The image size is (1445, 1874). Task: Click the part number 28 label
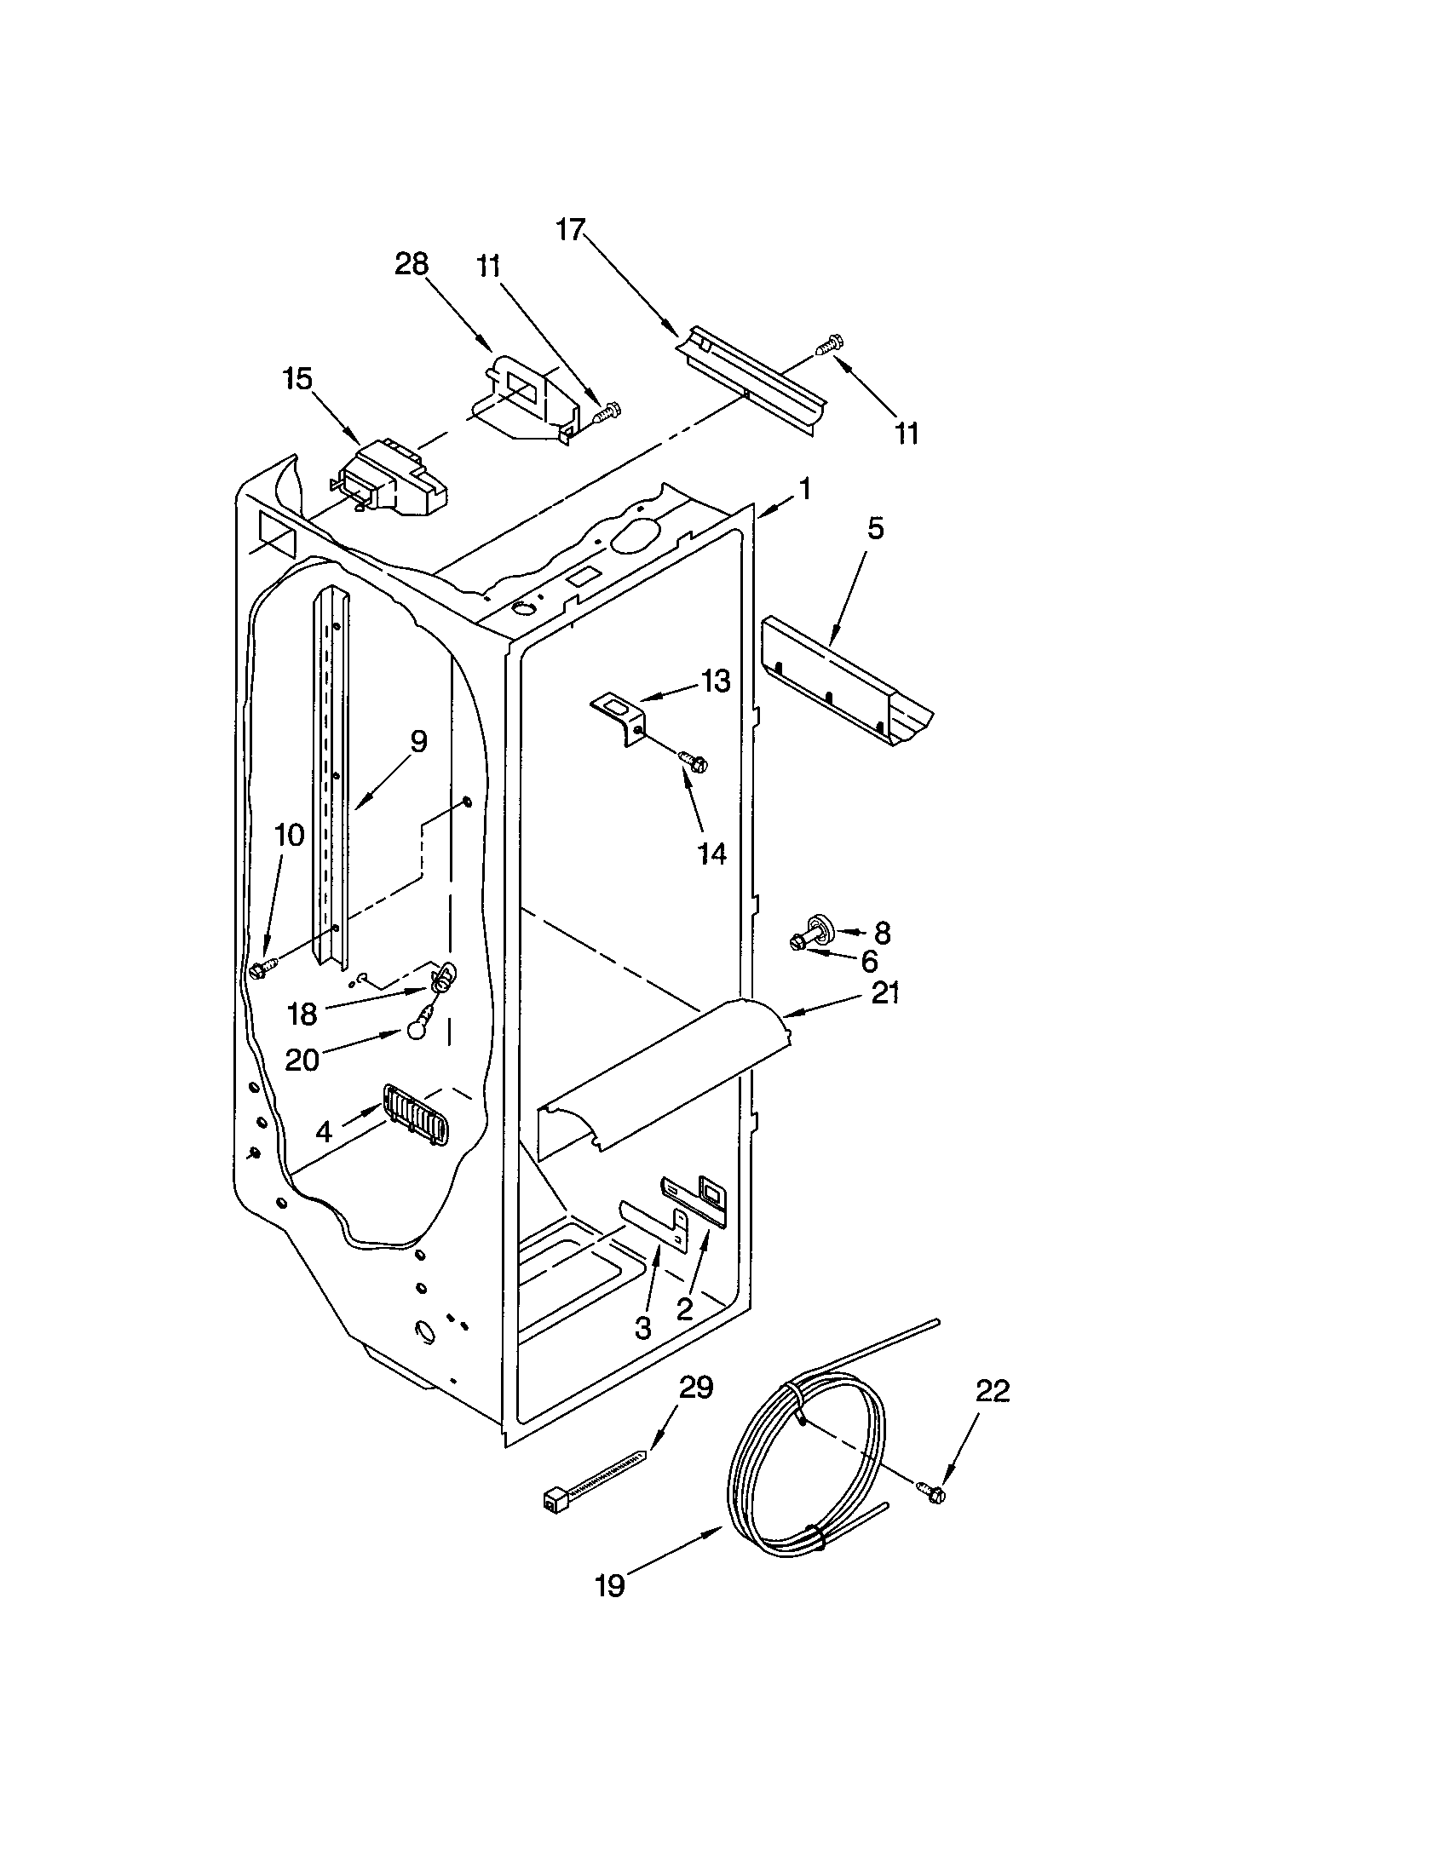411,264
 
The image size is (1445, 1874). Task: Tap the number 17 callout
571,229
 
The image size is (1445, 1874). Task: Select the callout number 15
297,378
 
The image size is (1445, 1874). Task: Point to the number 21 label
885,993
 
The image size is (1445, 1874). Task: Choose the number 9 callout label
417,741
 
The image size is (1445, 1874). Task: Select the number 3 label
642,1328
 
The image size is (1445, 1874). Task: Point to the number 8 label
881,933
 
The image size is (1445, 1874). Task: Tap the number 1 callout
804,490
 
